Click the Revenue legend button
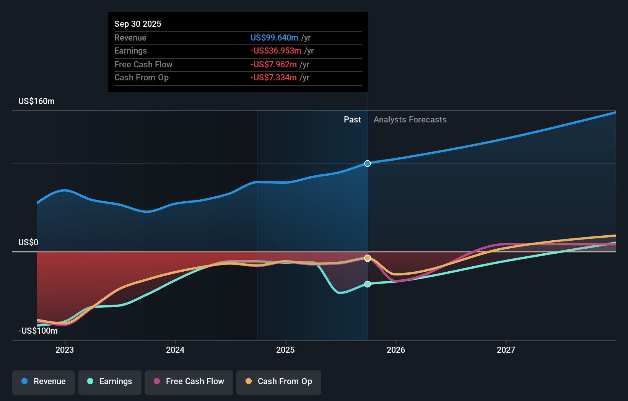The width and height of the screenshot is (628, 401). pyautogui.click(x=44, y=381)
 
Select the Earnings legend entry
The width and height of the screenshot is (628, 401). pyautogui.click(x=110, y=381)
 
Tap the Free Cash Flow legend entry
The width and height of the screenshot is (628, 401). pyautogui.click(x=189, y=381)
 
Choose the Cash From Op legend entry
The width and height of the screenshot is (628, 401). pyautogui.click(x=279, y=381)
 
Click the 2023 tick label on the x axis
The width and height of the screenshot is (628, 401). pyautogui.click(x=65, y=350)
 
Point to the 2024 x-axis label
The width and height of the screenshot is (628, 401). pyautogui.click(x=175, y=350)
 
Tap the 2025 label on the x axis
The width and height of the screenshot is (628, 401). pyautogui.click(x=285, y=350)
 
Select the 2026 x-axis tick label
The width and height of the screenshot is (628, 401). pyautogui.click(x=396, y=350)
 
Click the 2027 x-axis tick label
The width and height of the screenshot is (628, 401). pyautogui.click(x=506, y=350)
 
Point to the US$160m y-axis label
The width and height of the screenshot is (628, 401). pyautogui.click(x=37, y=101)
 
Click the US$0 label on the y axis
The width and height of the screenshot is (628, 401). pyautogui.click(x=28, y=243)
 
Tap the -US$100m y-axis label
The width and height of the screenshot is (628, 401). pyautogui.click(x=38, y=331)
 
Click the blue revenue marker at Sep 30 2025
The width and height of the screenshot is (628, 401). pyautogui.click(x=368, y=163)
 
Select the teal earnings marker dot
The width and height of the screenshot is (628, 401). pyautogui.click(x=368, y=284)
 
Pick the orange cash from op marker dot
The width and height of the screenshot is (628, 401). pyautogui.click(x=368, y=258)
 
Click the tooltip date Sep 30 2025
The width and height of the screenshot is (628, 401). pyautogui.click(x=138, y=24)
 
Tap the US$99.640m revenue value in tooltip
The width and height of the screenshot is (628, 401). pyautogui.click(x=274, y=37)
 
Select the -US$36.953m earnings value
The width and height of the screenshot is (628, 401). pyautogui.click(x=276, y=51)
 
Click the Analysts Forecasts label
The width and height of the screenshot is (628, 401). pyautogui.click(x=410, y=120)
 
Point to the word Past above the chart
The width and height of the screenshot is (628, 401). pyautogui.click(x=352, y=120)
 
